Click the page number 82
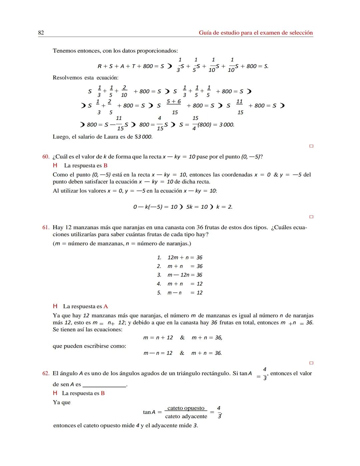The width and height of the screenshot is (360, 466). click(41, 33)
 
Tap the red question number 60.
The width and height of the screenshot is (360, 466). click(46, 157)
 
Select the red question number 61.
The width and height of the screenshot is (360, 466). click(46, 227)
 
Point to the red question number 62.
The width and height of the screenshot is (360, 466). click(46, 374)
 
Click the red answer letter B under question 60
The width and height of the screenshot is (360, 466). click(105, 166)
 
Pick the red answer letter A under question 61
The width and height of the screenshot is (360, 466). click(106, 307)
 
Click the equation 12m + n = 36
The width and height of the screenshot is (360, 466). click(185, 258)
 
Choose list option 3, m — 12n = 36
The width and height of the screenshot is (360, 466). click(185, 275)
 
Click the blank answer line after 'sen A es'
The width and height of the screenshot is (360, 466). click(104, 385)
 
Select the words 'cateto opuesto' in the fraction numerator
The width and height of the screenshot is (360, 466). click(186, 408)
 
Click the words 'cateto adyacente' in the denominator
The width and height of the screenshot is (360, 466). click(186, 417)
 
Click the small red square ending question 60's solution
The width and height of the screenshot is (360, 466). click(311, 217)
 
